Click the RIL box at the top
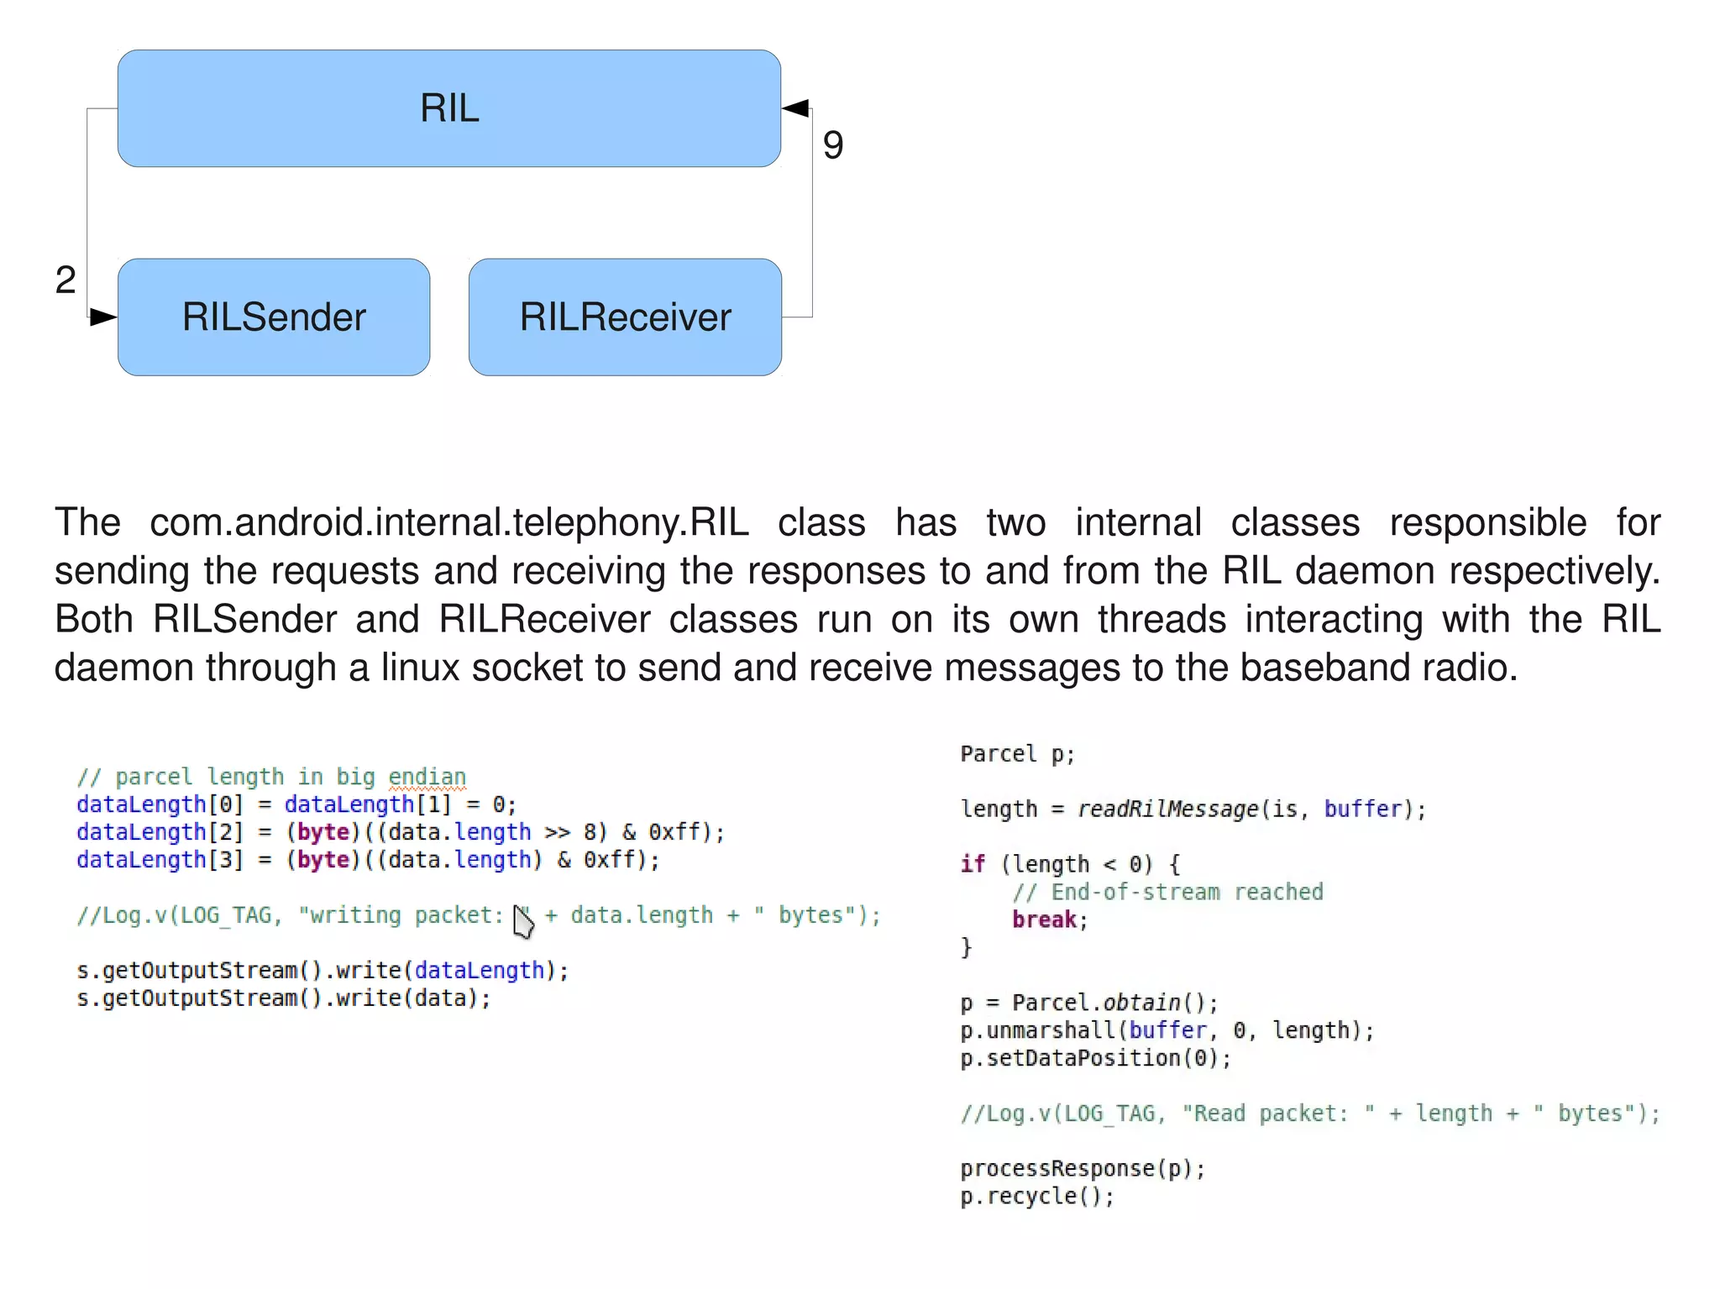pyautogui.click(x=449, y=108)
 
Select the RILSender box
pyautogui.click(x=274, y=317)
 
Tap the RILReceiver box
pyautogui.click(x=625, y=317)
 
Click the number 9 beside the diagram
pyautogui.click(x=832, y=145)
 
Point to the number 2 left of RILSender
pyautogui.click(x=66, y=280)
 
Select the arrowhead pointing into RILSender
pyautogui.click(x=103, y=317)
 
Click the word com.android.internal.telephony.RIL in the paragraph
pyautogui.click(x=448, y=522)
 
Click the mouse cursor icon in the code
pyautogui.click(x=523, y=923)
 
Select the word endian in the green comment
pyautogui.click(x=427, y=777)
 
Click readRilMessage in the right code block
pyautogui.click(x=1167, y=809)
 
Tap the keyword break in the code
pyautogui.click(x=1044, y=920)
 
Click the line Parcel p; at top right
pyautogui.click(x=1017, y=753)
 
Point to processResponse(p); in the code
pyautogui.click(x=1083, y=1168)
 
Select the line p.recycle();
pyautogui.click(x=1036, y=1196)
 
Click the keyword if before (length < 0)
pyautogui.click(x=972, y=864)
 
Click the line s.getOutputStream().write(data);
pyautogui.click(x=283, y=998)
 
